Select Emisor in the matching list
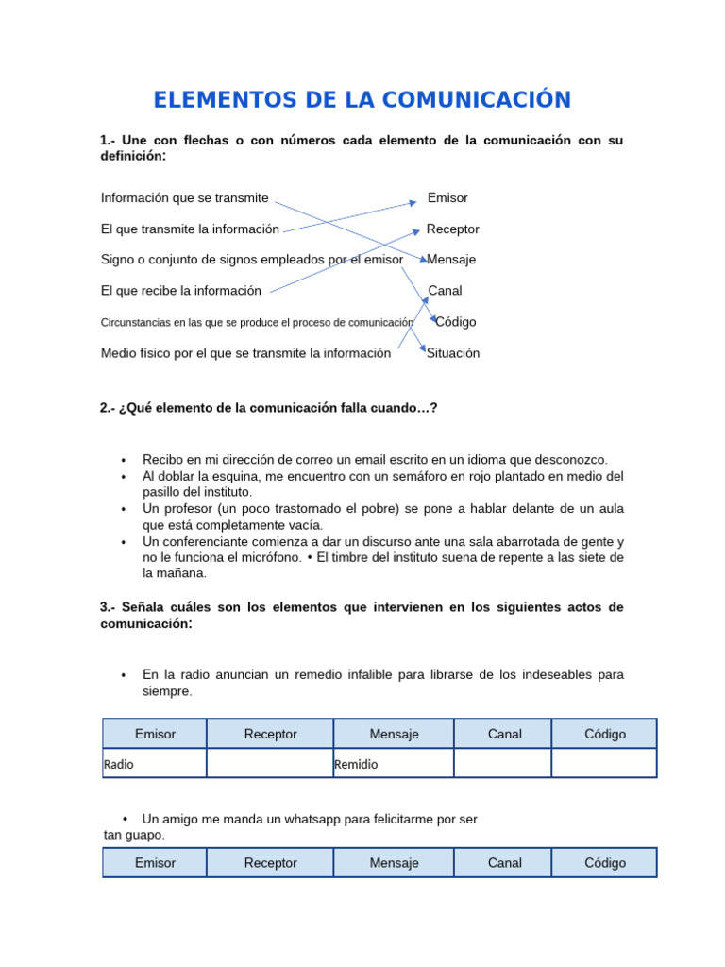pos(447,198)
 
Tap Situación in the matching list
pos(453,353)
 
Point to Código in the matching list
pos(456,322)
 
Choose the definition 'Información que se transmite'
pos(184,198)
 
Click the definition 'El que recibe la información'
pos(180,291)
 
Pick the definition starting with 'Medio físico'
pos(245,353)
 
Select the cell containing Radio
pos(154,764)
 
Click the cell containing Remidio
pos(393,764)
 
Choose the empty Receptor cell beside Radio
pos(270,763)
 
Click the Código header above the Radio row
pos(604,734)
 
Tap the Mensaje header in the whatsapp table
pos(394,863)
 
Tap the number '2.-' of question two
pos(109,408)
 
